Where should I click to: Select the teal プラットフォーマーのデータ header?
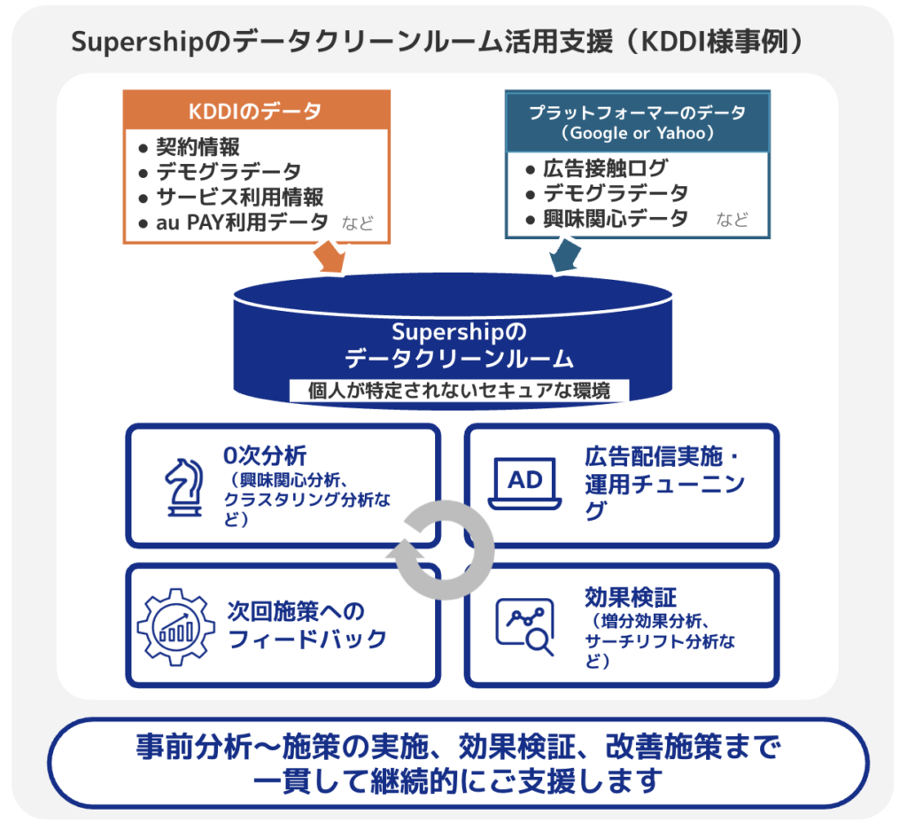(637, 122)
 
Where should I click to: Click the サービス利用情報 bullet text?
(240, 197)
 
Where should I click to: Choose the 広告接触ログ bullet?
(606, 168)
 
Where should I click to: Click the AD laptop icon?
(525, 483)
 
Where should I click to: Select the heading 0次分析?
(265, 456)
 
